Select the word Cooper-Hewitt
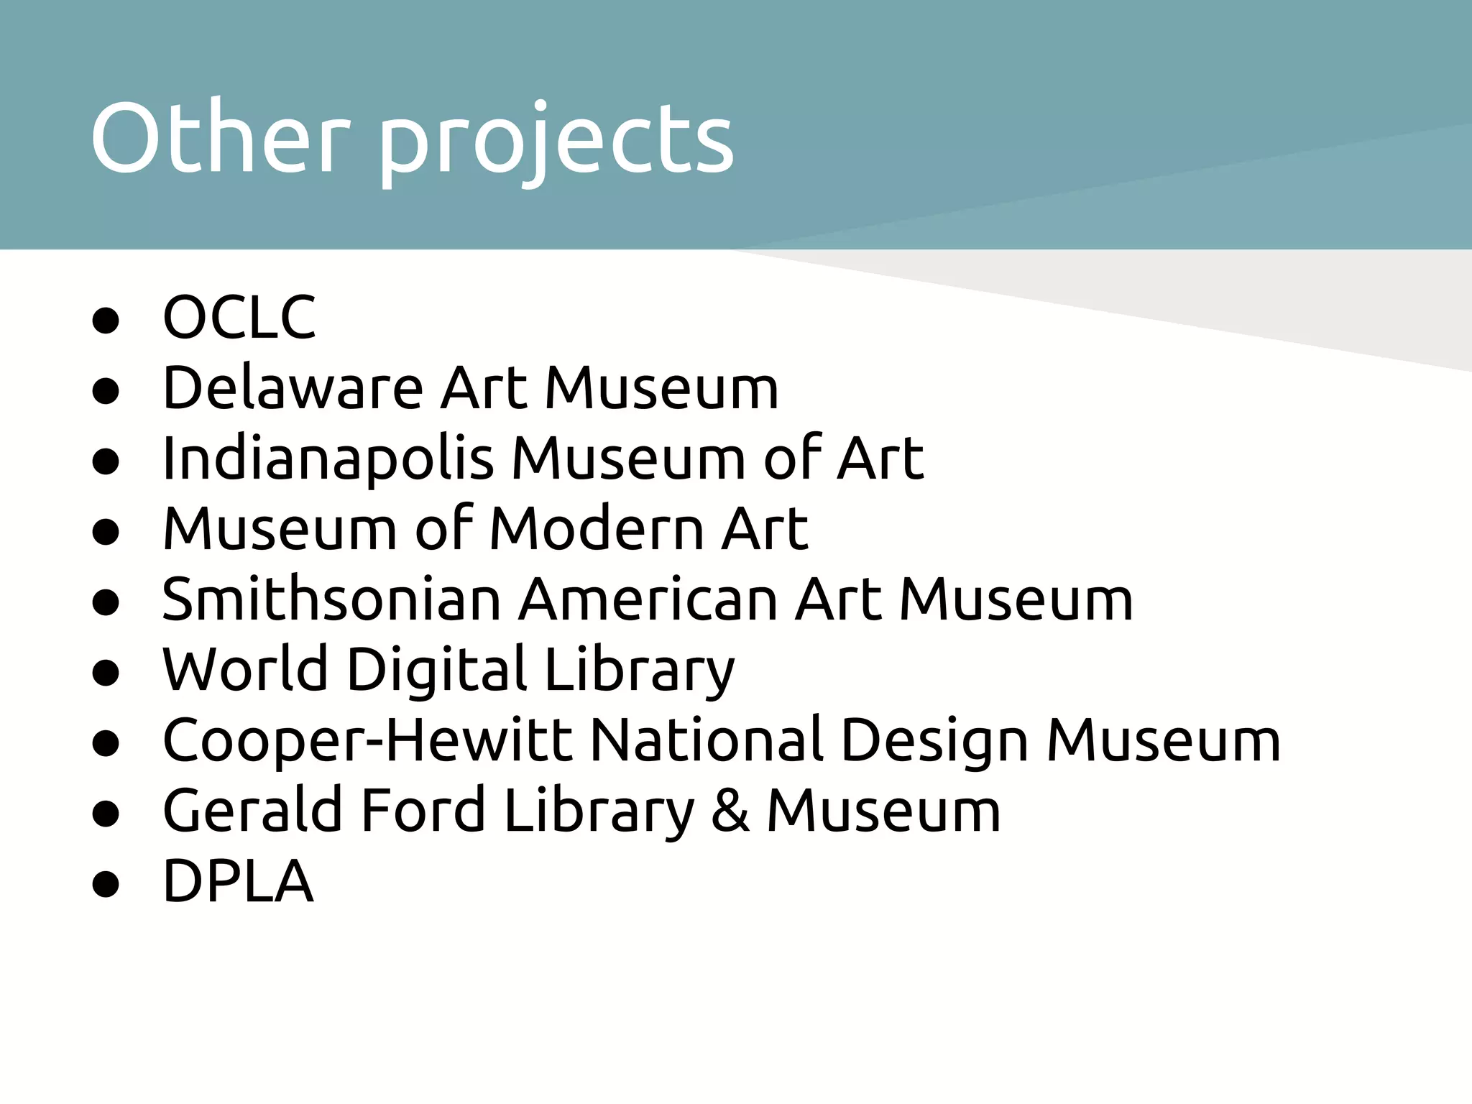pyautogui.click(x=367, y=741)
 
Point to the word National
pyautogui.click(x=707, y=740)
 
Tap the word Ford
pyautogui.click(x=423, y=810)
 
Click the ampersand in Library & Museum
pyautogui.click(x=730, y=811)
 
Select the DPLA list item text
pyautogui.click(x=238, y=880)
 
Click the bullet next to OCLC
pyautogui.click(x=106, y=321)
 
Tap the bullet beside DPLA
pyautogui.click(x=106, y=884)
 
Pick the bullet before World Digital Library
pyautogui.click(x=106, y=673)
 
